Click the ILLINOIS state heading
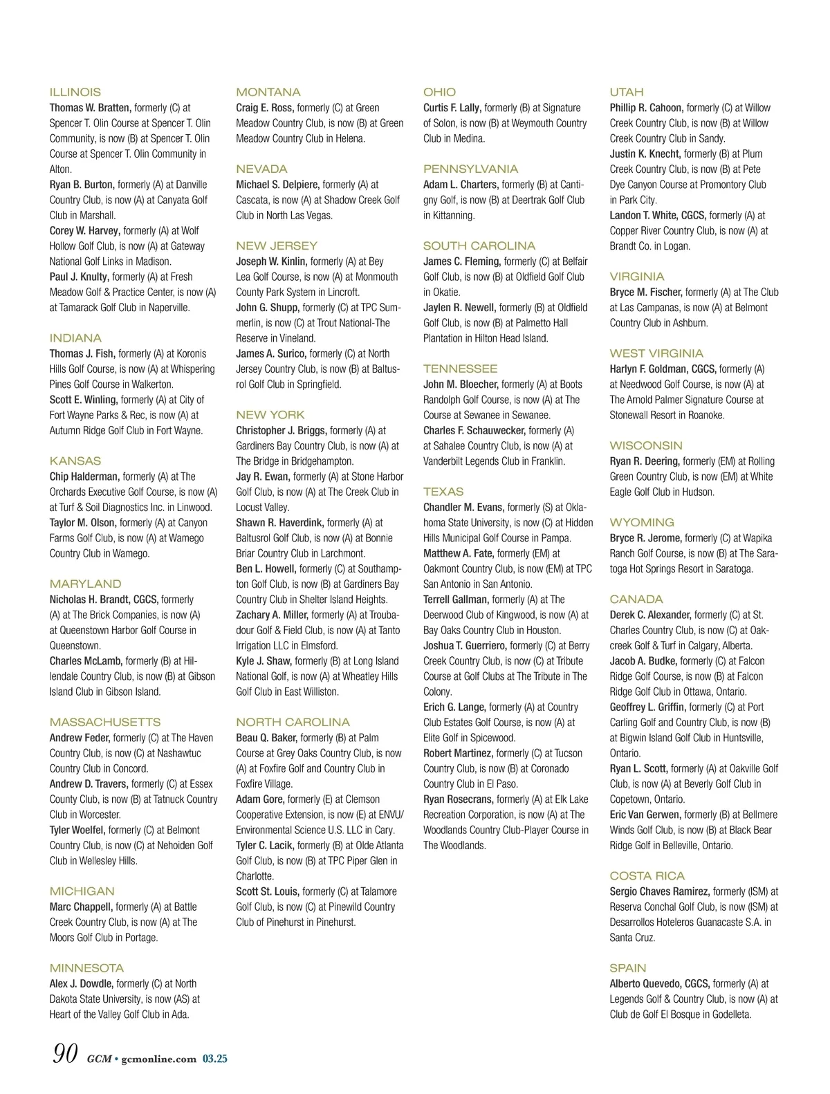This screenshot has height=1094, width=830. tap(75, 92)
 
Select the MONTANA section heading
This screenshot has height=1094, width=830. tap(268, 92)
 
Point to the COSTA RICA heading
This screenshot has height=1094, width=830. tap(647, 875)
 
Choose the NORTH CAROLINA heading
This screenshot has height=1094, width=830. tap(293, 722)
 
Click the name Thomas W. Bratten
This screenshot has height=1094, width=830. tap(90, 108)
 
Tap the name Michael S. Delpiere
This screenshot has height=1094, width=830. tap(277, 185)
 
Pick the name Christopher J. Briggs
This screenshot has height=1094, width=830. tap(282, 430)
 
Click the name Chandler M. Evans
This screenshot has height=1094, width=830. tap(463, 507)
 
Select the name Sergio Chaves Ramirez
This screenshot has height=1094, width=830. tap(659, 891)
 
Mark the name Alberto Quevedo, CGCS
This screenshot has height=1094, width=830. tap(659, 983)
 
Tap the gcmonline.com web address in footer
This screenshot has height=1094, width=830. tap(158, 1059)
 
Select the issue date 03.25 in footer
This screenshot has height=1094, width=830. tap(215, 1059)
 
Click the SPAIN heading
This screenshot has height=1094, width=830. tap(627, 968)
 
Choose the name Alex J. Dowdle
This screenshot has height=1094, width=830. tap(81, 983)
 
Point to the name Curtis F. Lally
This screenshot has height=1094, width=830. tap(452, 108)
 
